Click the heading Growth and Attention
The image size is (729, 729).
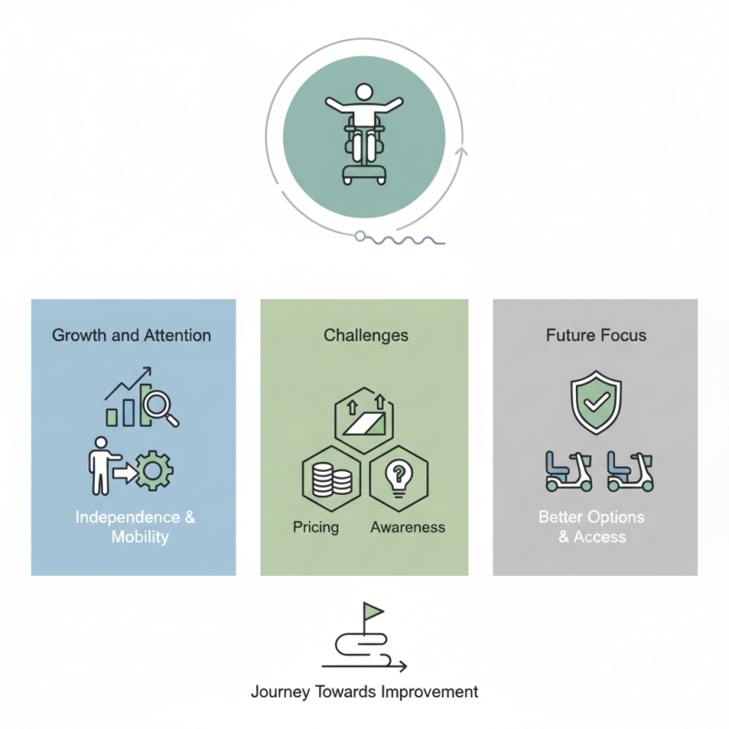(x=132, y=335)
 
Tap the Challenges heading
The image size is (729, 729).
(x=365, y=335)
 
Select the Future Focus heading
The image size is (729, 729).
(x=596, y=335)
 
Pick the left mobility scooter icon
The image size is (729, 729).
(x=567, y=470)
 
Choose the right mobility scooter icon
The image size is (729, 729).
(x=630, y=470)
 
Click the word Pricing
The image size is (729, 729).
(x=316, y=527)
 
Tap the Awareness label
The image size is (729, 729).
(x=407, y=527)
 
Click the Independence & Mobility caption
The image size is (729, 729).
(x=135, y=527)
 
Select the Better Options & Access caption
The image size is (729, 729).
(x=591, y=527)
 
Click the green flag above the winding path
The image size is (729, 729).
(x=373, y=611)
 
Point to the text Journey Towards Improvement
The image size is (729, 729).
(x=364, y=692)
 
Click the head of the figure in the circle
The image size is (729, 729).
(x=364, y=93)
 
